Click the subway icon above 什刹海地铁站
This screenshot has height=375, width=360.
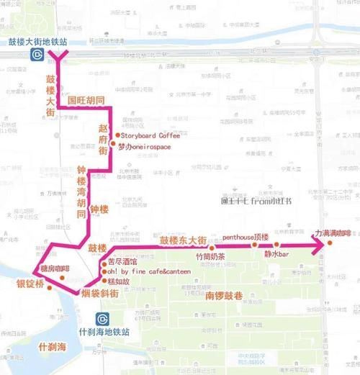tap(103, 318)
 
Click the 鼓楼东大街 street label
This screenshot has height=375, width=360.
tap(184, 240)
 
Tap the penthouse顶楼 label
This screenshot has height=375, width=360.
tap(245, 237)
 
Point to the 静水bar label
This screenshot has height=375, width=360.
tap(276, 254)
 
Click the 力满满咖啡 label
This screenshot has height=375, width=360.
tap(332, 234)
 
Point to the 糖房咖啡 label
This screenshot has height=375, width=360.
tap(54, 269)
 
